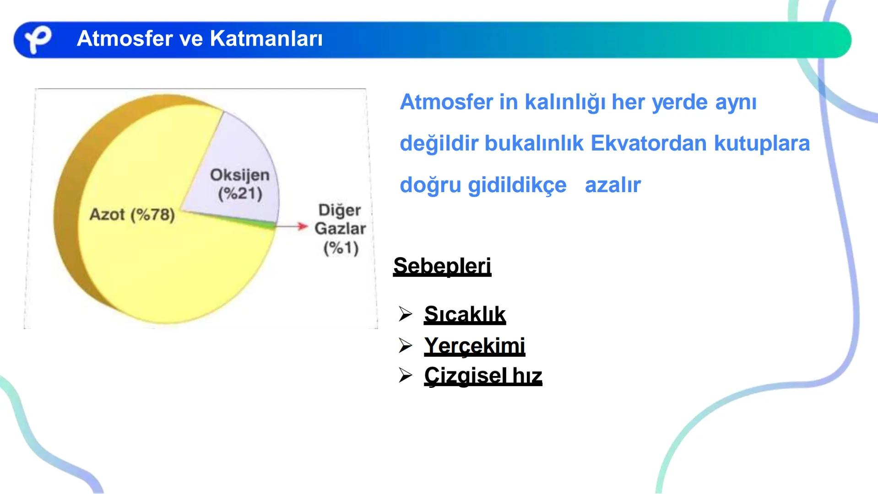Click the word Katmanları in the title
[x=266, y=38]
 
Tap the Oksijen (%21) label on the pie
[x=240, y=184]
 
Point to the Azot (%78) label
[x=132, y=214]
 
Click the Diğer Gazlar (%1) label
[x=340, y=229]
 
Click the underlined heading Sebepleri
[x=442, y=266]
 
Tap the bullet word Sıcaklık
[x=465, y=314]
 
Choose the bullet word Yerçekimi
[x=474, y=345]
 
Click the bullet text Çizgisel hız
[x=483, y=376]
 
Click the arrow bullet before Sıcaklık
[x=406, y=314]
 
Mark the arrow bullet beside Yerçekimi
[x=406, y=345]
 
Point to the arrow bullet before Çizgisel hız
[x=406, y=376]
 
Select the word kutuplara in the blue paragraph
[x=762, y=143]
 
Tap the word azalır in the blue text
[x=612, y=185]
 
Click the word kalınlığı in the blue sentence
[x=565, y=102]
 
